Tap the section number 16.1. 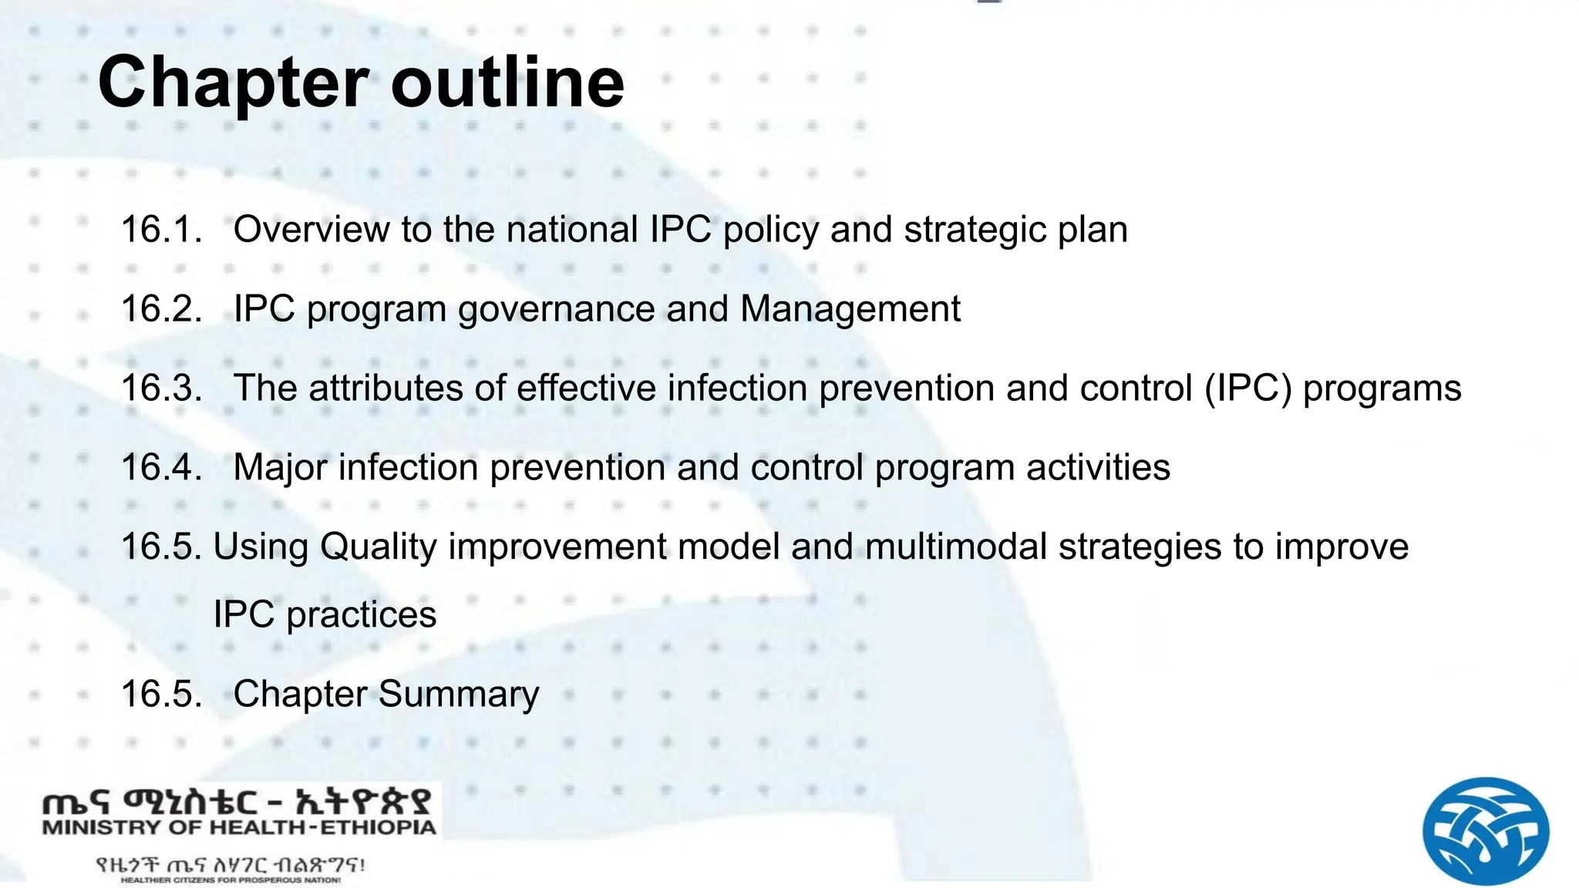tap(162, 230)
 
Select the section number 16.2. tap(162, 309)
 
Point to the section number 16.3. tap(162, 388)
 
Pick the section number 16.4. tap(162, 467)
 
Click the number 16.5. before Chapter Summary tap(162, 694)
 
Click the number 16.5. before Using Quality tap(162, 547)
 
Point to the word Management tap(850, 309)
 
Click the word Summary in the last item tap(459, 694)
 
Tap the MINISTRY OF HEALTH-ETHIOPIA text tap(239, 828)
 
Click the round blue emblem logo tap(1485, 830)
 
